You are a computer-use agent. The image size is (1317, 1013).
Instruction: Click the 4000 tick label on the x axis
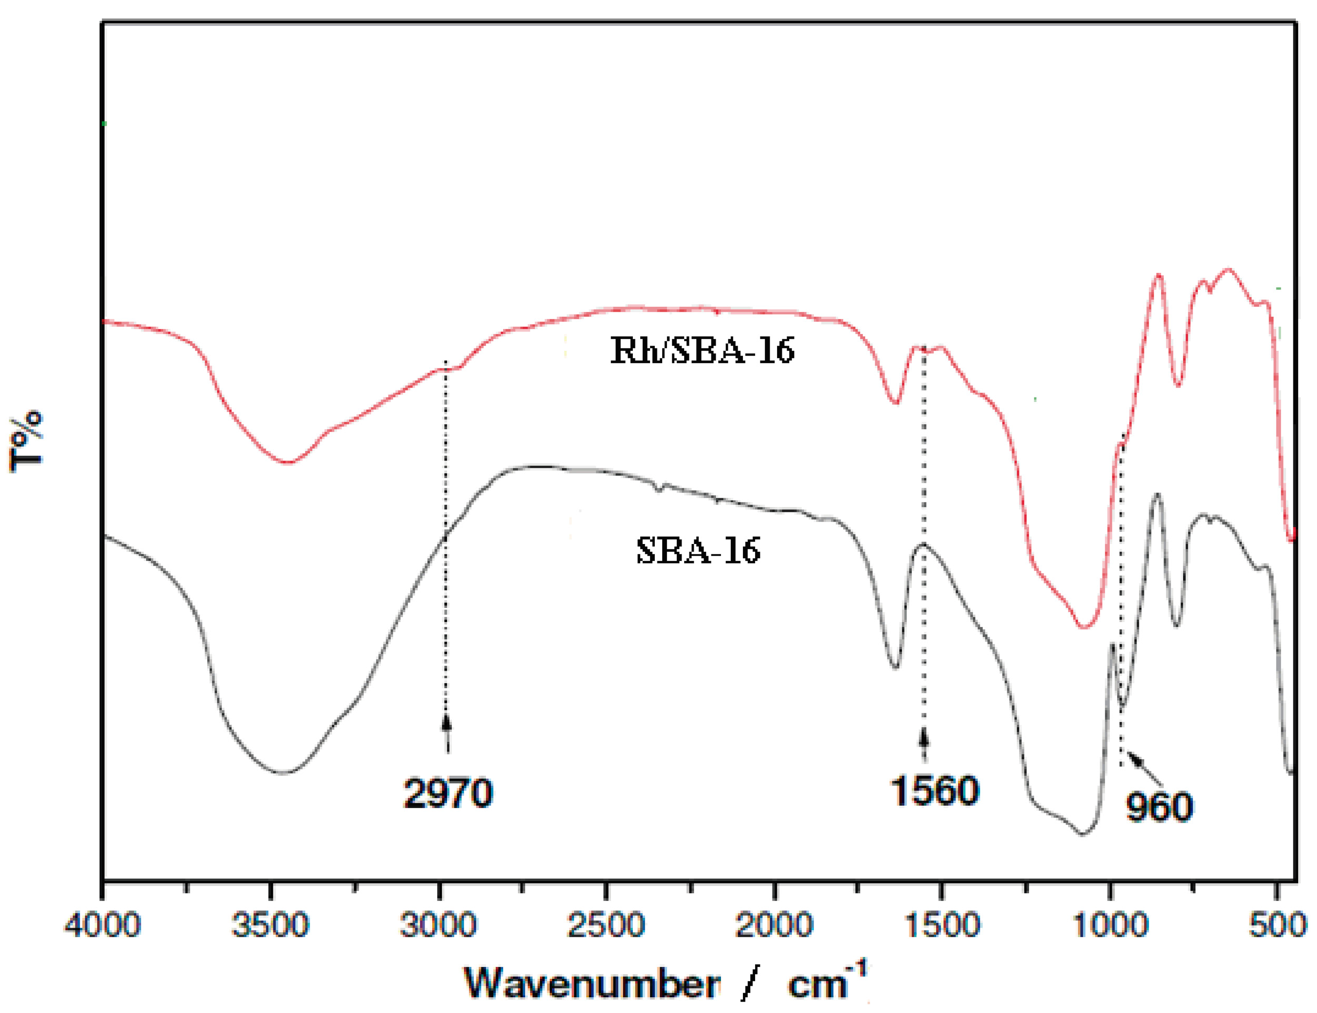pos(102,926)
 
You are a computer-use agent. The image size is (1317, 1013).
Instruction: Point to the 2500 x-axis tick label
pos(607,926)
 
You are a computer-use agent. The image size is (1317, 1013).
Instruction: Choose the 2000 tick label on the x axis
pos(775,926)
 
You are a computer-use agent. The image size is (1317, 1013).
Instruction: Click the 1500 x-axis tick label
pos(942,926)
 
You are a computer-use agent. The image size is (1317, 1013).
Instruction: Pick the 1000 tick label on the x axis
pos(1110,926)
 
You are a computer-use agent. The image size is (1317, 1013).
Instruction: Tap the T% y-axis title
pos(27,440)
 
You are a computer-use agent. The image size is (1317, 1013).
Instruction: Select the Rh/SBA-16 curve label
pos(703,350)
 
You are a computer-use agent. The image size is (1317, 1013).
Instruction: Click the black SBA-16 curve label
pos(698,550)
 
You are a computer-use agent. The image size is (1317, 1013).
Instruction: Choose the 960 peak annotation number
pos(1160,807)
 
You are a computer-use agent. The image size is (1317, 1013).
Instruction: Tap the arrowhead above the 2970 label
pos(446,722)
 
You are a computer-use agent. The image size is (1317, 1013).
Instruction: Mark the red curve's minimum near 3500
pos(288,463)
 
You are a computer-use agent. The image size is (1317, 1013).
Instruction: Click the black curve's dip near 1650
pos(895,667)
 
